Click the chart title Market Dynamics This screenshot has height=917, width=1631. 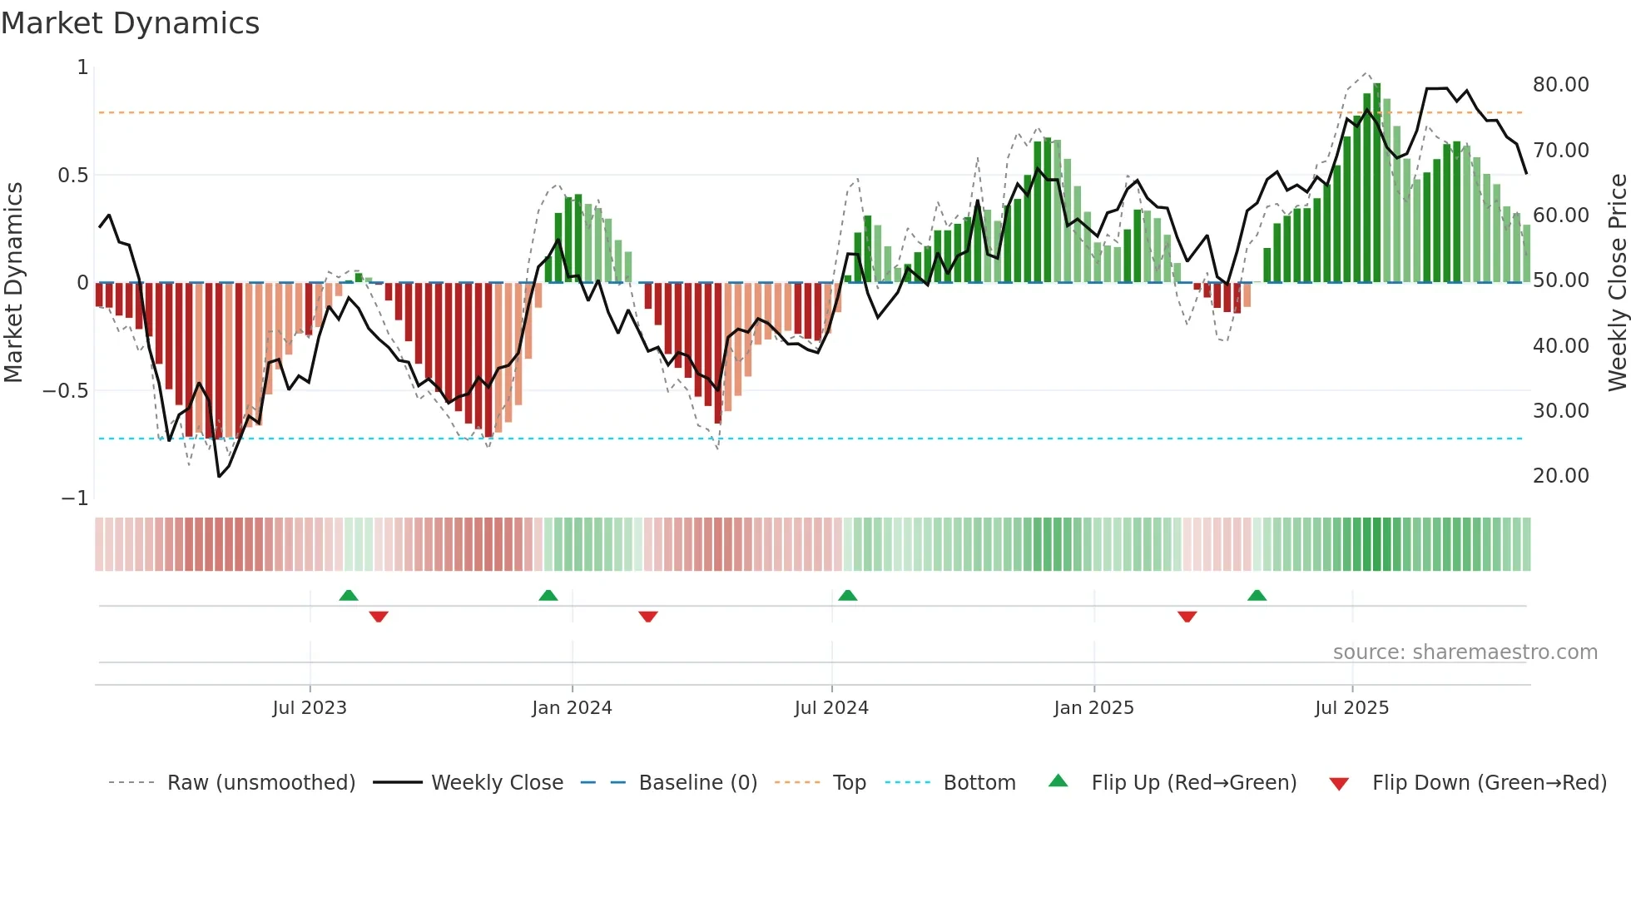[x=130, y=23]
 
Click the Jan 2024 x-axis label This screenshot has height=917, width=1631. [x=572, y=708]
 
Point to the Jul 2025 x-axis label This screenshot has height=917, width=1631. [x=1351, y=708]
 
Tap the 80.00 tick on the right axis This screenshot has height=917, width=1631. [x=1560, y=85]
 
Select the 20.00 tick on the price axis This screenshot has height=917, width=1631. [x=1560, y=476]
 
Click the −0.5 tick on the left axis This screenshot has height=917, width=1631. [x=65, y=391]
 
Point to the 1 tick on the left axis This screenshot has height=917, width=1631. [x=82, y=67]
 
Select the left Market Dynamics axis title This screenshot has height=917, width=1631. [x=13, y=283]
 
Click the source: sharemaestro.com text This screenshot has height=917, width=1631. [x=1465, y=652]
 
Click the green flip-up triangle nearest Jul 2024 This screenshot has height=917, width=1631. [x=847, y=596]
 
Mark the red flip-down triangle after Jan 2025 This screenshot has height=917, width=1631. [x=1187, y=617]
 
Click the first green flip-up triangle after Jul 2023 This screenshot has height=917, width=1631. [x=349, y=596]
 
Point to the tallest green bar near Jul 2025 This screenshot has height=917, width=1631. [x=1377, y=183]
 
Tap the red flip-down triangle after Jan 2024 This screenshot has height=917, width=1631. [x=648, y=617]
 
